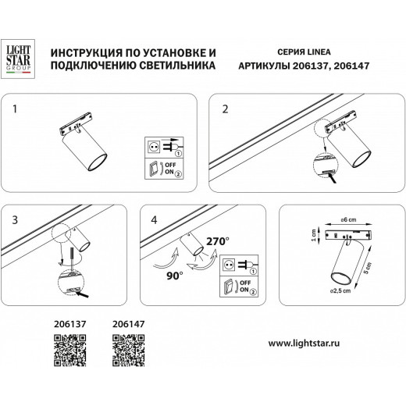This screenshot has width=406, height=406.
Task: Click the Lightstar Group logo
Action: pyautogui.click(x=18, y=59)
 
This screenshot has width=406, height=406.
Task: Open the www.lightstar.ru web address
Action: pyautogui.click(x=321, y=341)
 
